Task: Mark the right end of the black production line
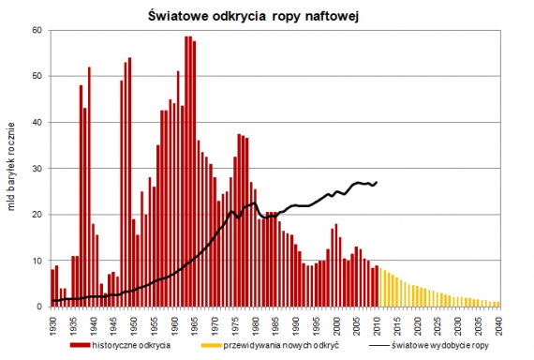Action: point(377,182)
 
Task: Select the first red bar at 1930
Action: point(52,288)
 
